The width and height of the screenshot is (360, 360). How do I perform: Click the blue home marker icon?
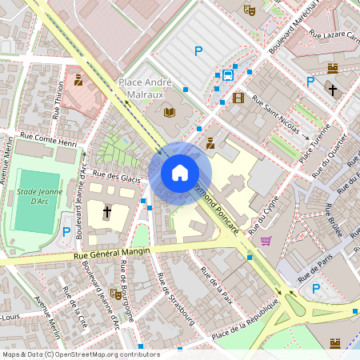[180, 172]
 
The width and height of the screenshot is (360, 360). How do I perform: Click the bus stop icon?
[228, 76]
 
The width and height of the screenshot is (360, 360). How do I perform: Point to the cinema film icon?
[238, 98]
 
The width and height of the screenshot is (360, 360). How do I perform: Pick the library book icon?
[169, 112]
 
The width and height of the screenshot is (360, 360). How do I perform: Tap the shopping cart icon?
[266, 240]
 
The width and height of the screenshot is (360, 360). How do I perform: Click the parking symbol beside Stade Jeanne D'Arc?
[66, 231]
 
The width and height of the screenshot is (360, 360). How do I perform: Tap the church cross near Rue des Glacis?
[107, 212]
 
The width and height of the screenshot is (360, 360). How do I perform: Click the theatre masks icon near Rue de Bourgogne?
[115, 294]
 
